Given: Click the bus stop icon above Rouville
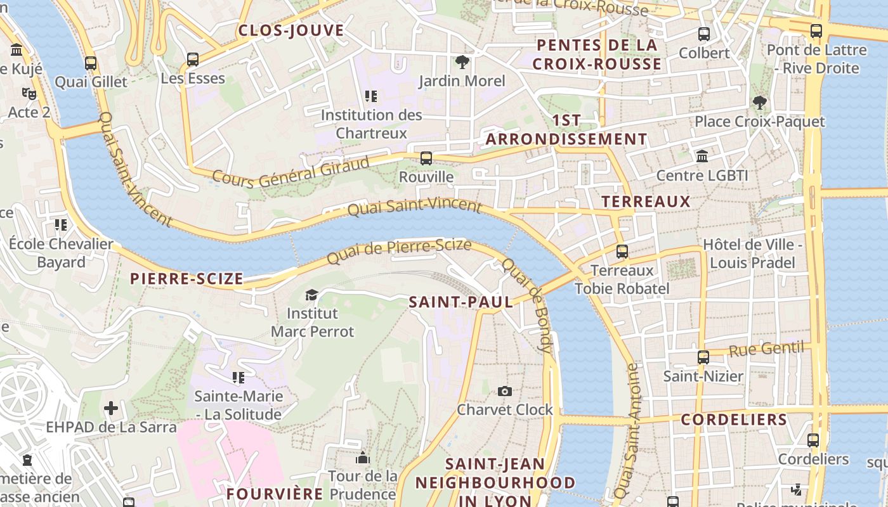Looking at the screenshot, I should click(x=426, y=158).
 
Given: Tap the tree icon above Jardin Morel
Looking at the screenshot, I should click(x=462, y=62).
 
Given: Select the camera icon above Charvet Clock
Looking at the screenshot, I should click(x=505, y=391).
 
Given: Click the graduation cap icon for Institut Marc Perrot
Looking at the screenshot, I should click(x=311, y=295).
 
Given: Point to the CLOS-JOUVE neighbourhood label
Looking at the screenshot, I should click(x=291, y=30).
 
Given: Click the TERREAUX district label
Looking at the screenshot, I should click(x=646, y=202).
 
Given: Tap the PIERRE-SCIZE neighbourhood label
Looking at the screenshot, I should click(x=186, y=279).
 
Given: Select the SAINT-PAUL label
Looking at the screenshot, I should click(x=461, y=302).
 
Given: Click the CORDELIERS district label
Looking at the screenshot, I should click(x=734, y=420).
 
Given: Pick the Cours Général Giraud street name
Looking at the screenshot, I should click(x=291, y=172).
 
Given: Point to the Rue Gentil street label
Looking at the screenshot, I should click(x=766, y=349).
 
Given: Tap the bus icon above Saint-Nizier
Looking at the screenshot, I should click(x=703, y=357).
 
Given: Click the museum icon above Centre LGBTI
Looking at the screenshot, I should click(x=702, y=157).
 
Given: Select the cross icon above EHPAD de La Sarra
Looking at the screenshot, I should click(x=111, y=408).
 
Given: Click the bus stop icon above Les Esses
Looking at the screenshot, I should click(x=193, y=60).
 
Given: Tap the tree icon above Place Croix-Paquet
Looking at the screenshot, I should click(x=759, y=103).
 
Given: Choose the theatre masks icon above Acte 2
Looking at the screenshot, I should click(x=29, y=94).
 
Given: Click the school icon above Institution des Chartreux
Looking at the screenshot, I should click(x=371, y=96).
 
